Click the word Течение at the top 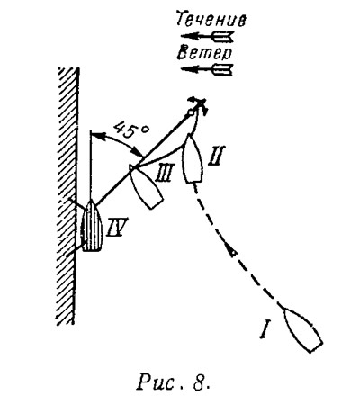pyautogui.click(x=211, y=19)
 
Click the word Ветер pyautogui.click(x=205, y=53)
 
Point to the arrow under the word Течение pyautogui.click(x=208, y=37)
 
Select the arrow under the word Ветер pyautogui.click(x=207, y=69)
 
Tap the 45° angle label pyautogui.click(x=131, y=130)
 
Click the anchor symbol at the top pyautogui.click(x=197, y=107)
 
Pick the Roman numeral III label pyautogui.click(x=164, y=174)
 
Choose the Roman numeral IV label pyautogui.click(x=118, y=227)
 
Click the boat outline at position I pyautogui.click(x=302, y=329)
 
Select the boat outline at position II pyautogui.click(x=193, y=158)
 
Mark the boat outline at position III pyautogui.click(x=145, y=186)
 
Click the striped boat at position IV pyautogui.click(x=92, y=226)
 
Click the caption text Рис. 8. pyautogui.click(x=173, y=382)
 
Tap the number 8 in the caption pyautogui.click(x=199, y=382)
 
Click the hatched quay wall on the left pyautogui.click(x=67, y=195)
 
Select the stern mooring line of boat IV pyautogui.click(x=75, y=251)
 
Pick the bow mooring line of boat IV pyautogui.click(x=78, y=203)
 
